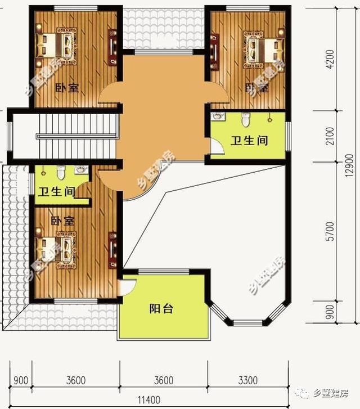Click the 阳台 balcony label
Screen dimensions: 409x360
click(x=161, y=309)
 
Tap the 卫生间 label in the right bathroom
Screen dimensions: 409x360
click(x=249, y=140)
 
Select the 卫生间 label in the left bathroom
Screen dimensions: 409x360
click(x=56, y=191)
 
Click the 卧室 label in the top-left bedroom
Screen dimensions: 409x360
click(x=66, y=88)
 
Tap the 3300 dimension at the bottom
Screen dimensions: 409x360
click(x=248, y=380)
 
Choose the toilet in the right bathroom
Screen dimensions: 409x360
click(x=245, y=119)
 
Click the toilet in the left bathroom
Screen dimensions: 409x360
click(x=62, y=171)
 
